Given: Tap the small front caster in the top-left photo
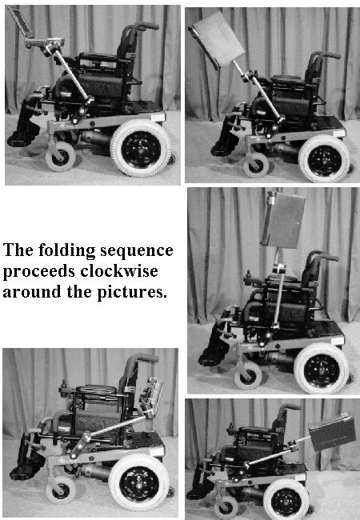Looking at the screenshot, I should tap(59, 158).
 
